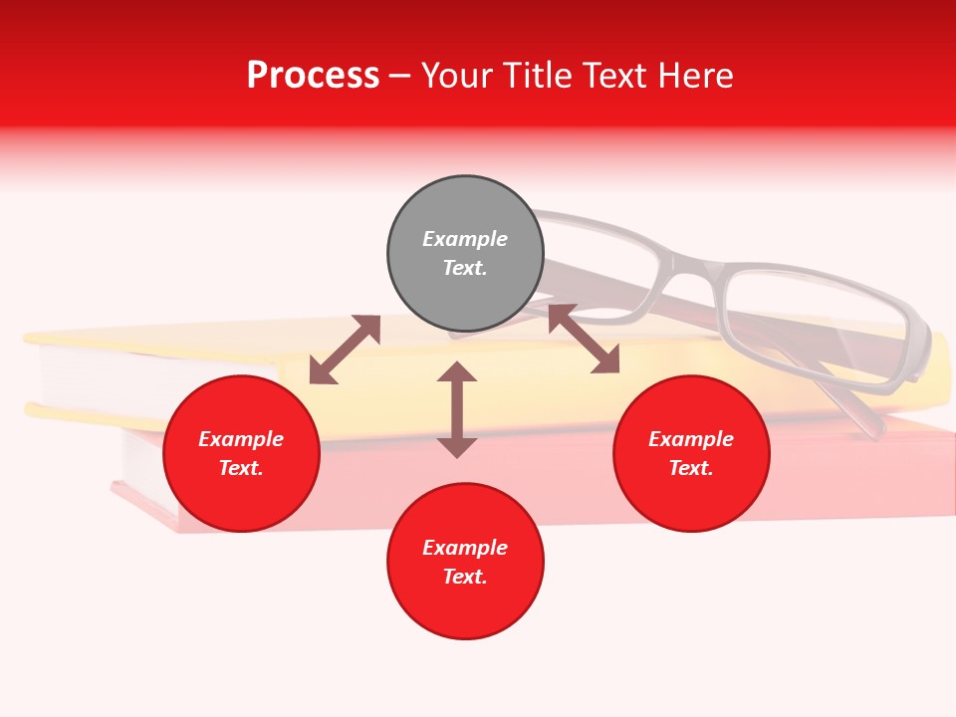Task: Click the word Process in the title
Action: click(313, 76)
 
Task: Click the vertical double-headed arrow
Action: click(457, 409)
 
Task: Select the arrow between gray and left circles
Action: click(345, 350)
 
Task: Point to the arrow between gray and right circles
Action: click(584, 339)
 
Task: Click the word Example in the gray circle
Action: click(465, 239)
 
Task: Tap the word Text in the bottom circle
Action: click(465, 577)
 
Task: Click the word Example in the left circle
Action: click(241, 439)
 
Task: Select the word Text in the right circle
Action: click(691, 468)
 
